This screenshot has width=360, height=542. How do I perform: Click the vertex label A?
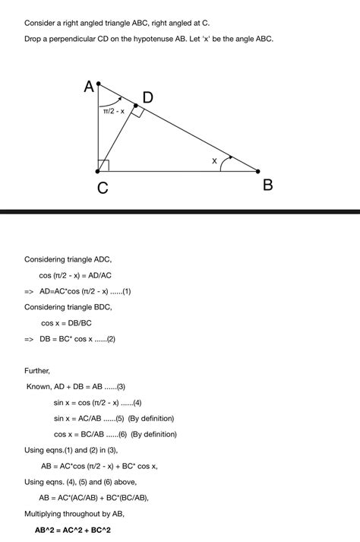(x=90, y=87)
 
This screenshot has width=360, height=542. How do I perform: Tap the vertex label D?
(x=147, y=97)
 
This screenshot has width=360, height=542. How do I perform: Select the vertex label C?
(x=102, y=187)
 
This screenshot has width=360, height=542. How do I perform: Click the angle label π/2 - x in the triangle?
(x=113, y=111)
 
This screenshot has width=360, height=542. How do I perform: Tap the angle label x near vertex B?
(x=214, y=161)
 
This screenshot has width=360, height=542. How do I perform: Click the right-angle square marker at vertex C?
(x=103, y=166)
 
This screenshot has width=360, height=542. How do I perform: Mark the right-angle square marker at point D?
(x=137, y=112)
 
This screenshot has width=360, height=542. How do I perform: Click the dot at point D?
(x=135, y=106)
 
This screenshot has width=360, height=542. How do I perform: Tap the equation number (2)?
(x=110, y=339)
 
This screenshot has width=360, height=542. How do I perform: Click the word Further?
(x=38, y=371)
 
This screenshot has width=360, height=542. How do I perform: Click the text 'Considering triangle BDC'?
(x=68, y=307)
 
